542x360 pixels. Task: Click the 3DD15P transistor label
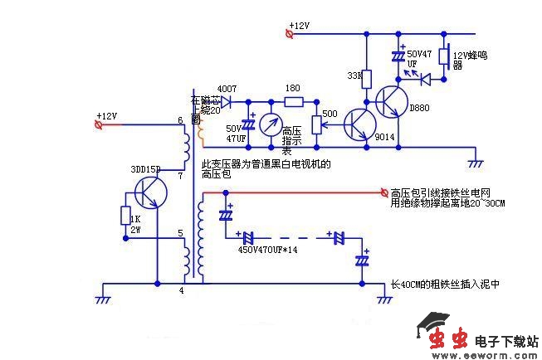coord(146,168)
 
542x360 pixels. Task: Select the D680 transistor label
coord(420,109)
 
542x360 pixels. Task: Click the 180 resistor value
coord(292,88)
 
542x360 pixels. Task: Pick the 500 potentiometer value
coord(330,114)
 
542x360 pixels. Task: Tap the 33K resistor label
coord(354,76)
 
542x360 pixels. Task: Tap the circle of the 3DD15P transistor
coord(150,192)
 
